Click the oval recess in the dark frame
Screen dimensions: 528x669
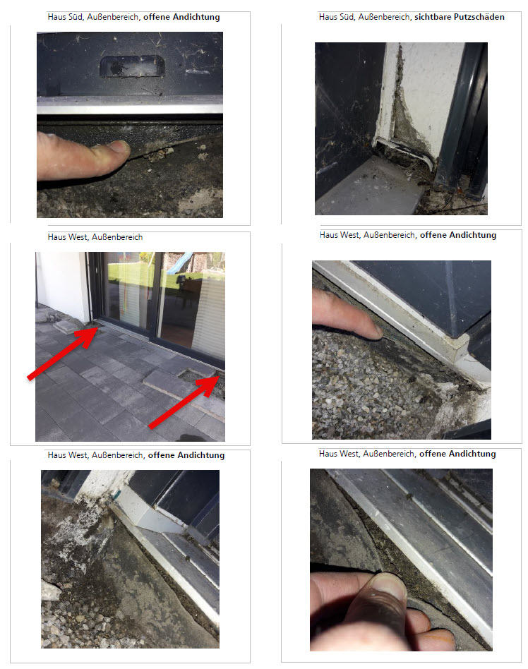tap(132, 67)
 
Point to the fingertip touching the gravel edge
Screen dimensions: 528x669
tap(371, 330)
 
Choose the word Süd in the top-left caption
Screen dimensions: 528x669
tap(75, 17)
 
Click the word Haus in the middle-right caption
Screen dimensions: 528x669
tap(328, 235)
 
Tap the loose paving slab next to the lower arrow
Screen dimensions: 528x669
tap(184, 390)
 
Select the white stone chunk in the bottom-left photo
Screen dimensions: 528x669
tap(50, 591)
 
